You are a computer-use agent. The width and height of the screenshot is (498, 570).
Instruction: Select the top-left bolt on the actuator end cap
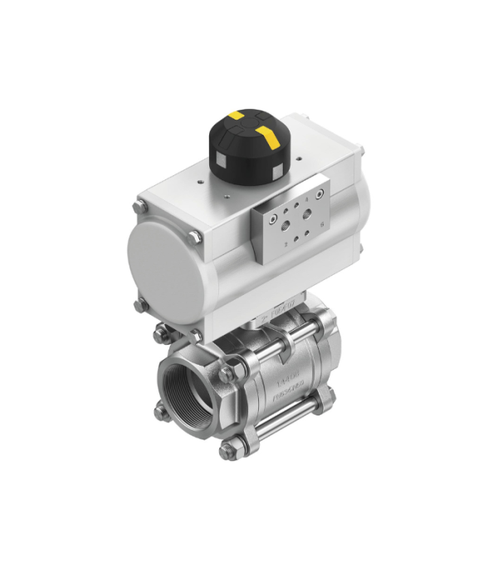click(140, 204)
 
